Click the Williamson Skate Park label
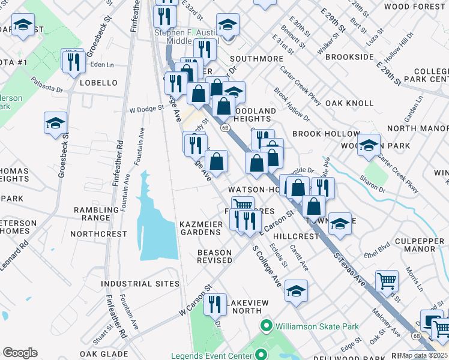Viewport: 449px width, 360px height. [x=317, y=326]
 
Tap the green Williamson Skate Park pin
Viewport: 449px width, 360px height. [x=267, y=326]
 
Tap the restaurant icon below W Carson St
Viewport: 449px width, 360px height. [x=215, y=304]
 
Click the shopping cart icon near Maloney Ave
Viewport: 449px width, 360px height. [x=387, y=280]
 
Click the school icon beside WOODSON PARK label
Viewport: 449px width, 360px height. [x=369, y=145]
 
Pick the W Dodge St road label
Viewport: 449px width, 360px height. [x=146, y=109]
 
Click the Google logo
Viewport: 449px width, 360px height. [x=20, y=353]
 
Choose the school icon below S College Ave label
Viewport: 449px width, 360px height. [x=296, y=291]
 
